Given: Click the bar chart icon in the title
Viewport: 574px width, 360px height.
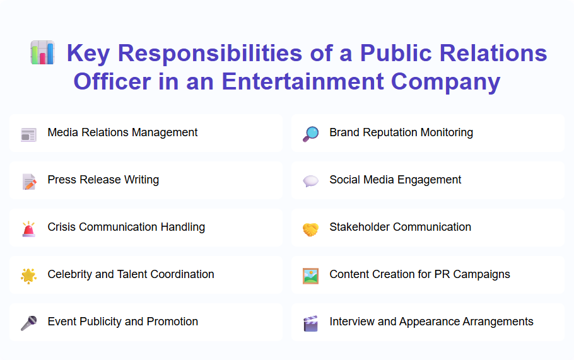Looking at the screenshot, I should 42,53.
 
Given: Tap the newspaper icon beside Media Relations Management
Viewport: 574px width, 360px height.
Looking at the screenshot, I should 28,134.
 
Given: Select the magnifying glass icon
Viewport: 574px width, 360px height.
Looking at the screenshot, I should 310,134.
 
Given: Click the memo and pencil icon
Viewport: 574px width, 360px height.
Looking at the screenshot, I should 28,181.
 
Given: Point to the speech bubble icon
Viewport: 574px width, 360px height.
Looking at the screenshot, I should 310,181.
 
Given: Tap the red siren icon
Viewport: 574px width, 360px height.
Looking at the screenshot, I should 28,228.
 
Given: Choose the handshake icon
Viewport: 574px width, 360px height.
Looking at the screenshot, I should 310,229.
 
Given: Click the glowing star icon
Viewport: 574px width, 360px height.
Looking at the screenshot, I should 28,276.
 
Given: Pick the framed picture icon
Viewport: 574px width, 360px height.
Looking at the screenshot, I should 310,276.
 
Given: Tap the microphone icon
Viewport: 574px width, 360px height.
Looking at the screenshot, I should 28,323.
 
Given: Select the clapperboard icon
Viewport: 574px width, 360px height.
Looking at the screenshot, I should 310,323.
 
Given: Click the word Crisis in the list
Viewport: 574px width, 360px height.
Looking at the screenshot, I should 62,227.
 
